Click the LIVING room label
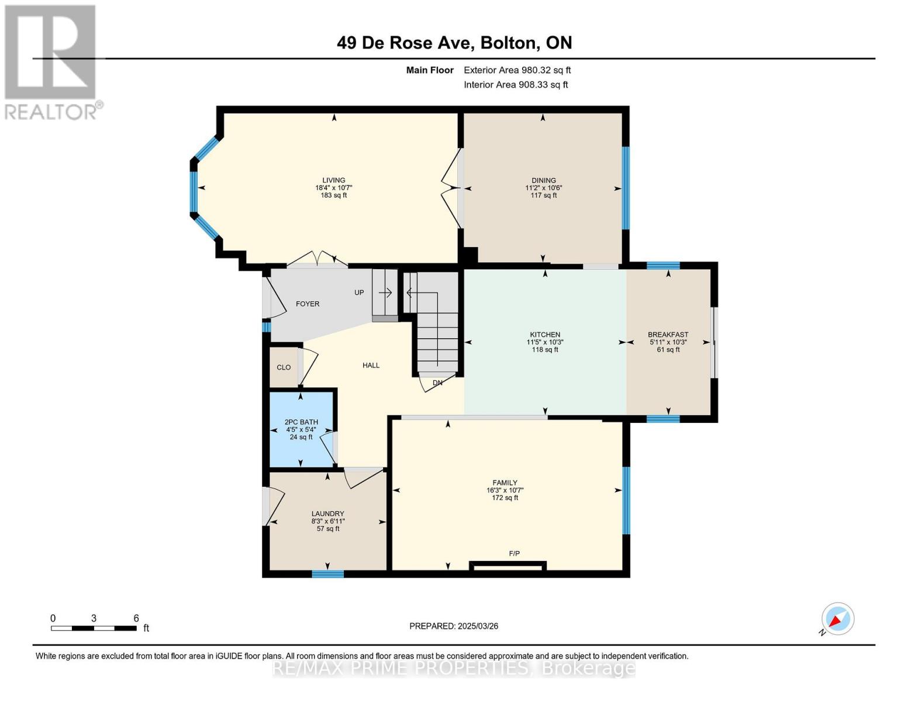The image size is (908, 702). [334, 180]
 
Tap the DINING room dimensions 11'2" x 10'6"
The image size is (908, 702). [544, 188]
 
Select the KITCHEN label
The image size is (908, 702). [545, 335]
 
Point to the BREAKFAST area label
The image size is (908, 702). [668, 335]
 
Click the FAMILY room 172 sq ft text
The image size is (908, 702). [505, 498]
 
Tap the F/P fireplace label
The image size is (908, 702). [514, 553]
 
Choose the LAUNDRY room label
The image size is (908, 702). [327, 514]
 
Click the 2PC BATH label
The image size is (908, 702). [301, 422]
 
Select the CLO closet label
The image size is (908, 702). [284, 367]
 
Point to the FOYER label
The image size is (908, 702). [308, 304]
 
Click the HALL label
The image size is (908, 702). [371, 365]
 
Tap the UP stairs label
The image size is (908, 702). [359, 292]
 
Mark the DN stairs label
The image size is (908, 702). [437, 383]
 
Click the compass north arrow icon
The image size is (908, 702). [837, 619]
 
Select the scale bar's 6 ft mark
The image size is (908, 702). [136, 618]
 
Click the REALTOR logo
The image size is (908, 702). [51, 62]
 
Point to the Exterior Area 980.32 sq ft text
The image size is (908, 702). [517, 70]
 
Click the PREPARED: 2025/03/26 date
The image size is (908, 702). [454, 626]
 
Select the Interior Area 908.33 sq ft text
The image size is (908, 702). [516, 85]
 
